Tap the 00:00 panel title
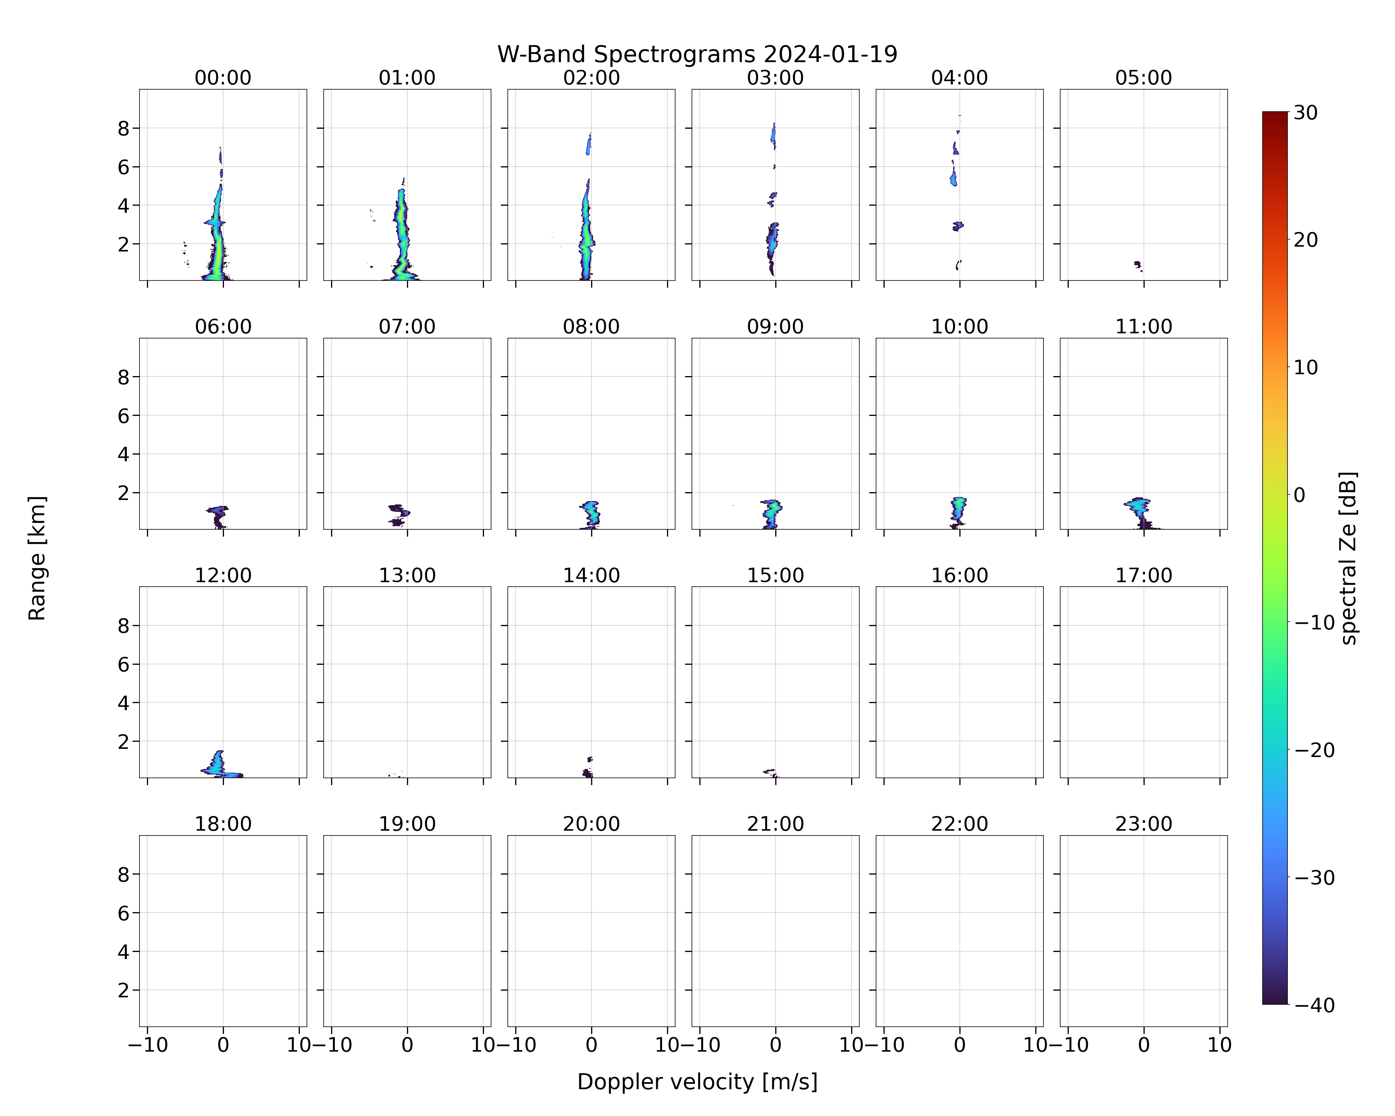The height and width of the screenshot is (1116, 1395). pyautogui.click(x=223, y=78)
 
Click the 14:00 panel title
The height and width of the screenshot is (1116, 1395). pyautogui.click(x=591, y=575)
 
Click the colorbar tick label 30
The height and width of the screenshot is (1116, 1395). pyautogui.click(x=1306, y=113)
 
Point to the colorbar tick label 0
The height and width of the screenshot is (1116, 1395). pyautogui.click(x=1299, y=495)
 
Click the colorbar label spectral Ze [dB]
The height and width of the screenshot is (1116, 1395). pyautogui.click(x=1348, y=558)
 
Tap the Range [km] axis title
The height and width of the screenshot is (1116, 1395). pyautogui.click(x=38, y=558)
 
